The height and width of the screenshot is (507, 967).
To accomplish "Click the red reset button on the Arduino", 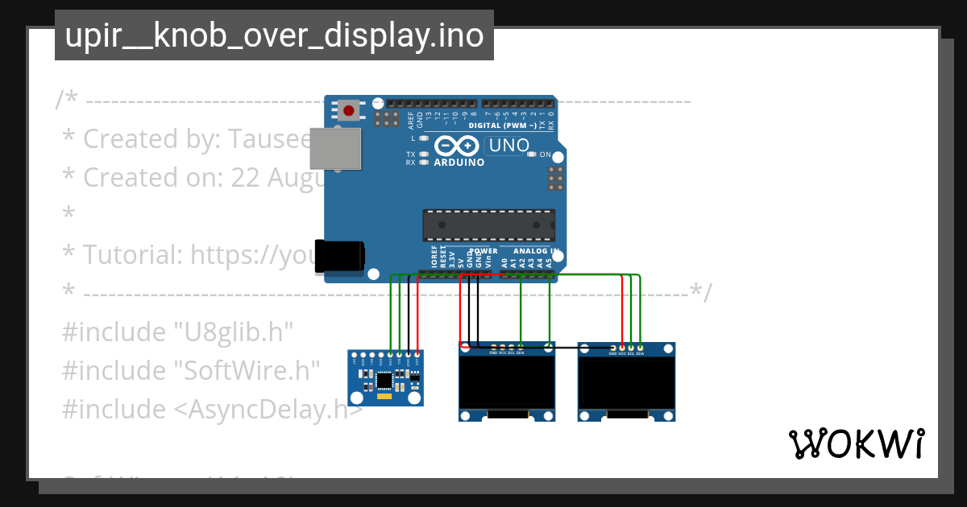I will [x=348, y=110].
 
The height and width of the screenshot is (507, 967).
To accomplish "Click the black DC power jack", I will [x=339, y=256].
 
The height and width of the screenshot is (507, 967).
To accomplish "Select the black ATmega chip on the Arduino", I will [x=489, y=225].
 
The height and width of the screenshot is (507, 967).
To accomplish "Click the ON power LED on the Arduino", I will [x=531, y=155].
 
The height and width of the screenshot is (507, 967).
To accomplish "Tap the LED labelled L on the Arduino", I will [x=424, y=138].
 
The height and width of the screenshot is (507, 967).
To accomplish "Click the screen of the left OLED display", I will [x=507, y=382].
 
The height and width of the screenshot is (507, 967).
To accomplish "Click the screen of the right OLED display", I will [x=627, y=382].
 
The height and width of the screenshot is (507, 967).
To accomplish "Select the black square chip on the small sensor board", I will [x=384, y=379].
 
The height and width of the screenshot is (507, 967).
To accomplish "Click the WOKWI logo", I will [x=857, y=444].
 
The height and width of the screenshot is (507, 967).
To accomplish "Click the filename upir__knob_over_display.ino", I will [x=274, y=35].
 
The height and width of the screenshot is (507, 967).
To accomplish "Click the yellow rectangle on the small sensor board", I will [x=384, y=396].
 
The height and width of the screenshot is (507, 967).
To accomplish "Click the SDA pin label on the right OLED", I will [x=641, y=353].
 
